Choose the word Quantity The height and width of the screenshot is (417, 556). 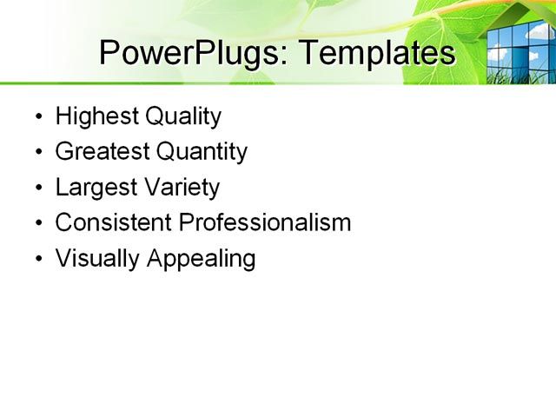click(201, 153)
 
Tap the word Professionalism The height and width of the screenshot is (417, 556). click(265, 222)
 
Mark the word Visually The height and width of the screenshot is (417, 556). click(90, 259)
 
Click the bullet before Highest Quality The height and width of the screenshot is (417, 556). click(38, 117)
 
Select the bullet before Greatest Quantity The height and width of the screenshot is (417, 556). click(38, 153)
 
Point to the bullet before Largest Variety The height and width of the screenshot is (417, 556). click(38, 189)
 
